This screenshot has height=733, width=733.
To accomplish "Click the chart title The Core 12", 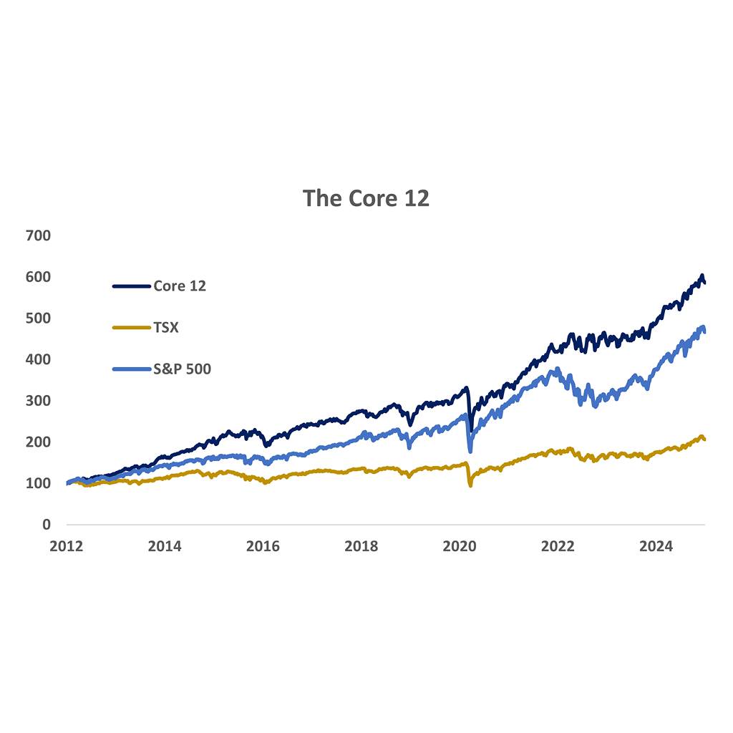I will pyautogui.click(x=366, y=198).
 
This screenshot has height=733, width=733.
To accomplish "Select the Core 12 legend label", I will pyautogui.click(x=180, y=286).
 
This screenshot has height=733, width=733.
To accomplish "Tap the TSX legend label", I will pyautogui.click(x=166, y=327).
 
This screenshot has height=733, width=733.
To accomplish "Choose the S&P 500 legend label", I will pyautogui.click(x=182, y=369).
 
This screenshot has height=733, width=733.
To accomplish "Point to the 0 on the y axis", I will pyautogui.click(x=47, y=525).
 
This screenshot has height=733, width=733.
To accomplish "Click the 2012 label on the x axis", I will pyautogui.click(x=66, y=546).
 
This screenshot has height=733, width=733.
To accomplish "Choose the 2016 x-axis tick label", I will pyautogui.click(x=263, y=546).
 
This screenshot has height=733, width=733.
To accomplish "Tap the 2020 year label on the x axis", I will pyautogui.click(x=460, y=546).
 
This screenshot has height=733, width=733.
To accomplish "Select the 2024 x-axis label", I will pyautogui.click(x=656, y=546).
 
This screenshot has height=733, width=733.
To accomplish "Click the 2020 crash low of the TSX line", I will pyautogui.click(x=470, y=486).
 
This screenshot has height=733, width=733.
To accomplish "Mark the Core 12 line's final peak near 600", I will pyautogui.click(x=702, y=276).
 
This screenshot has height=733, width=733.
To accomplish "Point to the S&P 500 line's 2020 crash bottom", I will pyautogui.click(x=470, y=451).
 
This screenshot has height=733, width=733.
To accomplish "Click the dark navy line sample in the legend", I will pyautogui.click(x=131, y=286).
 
